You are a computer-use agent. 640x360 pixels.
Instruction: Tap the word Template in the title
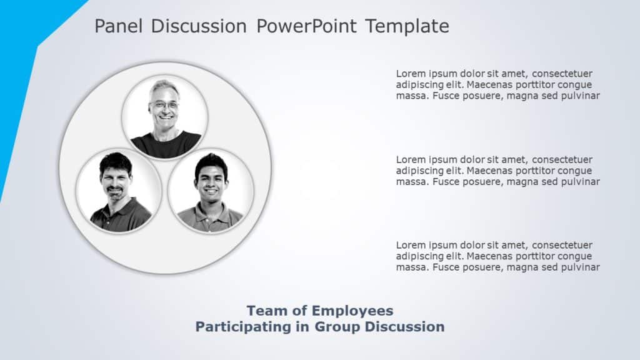(x=407, y=26)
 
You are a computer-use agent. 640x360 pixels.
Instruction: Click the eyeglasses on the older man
(x=163, y=105)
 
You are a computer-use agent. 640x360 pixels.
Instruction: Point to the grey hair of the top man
(x=164, y=86)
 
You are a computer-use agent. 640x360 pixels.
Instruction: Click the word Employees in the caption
(x=354, y=311)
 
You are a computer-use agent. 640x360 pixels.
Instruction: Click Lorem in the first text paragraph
(x=409, y=74)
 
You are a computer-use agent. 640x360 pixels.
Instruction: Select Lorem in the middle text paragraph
(x=409, y=159)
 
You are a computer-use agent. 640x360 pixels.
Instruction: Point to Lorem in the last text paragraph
(x=409, y=245)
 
